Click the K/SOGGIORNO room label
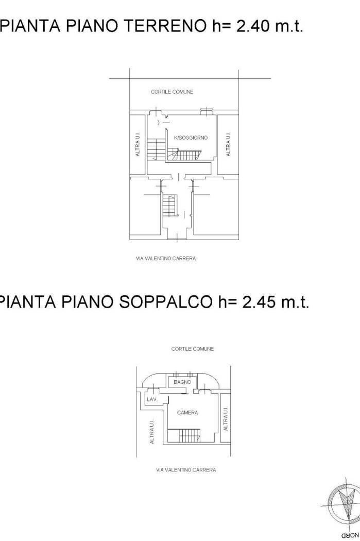[191, 138]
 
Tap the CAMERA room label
[187, 413]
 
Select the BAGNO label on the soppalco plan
[182, 382]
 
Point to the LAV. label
[151, 400]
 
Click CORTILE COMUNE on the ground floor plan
[172, 92]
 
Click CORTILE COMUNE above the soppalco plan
[192, 349]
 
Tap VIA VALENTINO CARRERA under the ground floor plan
[166, 258]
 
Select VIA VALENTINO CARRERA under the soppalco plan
[186, 470]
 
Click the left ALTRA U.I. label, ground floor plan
[138, 146]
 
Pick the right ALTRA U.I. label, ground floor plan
[228, 144]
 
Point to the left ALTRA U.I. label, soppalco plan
[152, 431]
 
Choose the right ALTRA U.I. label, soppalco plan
[225, 418]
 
